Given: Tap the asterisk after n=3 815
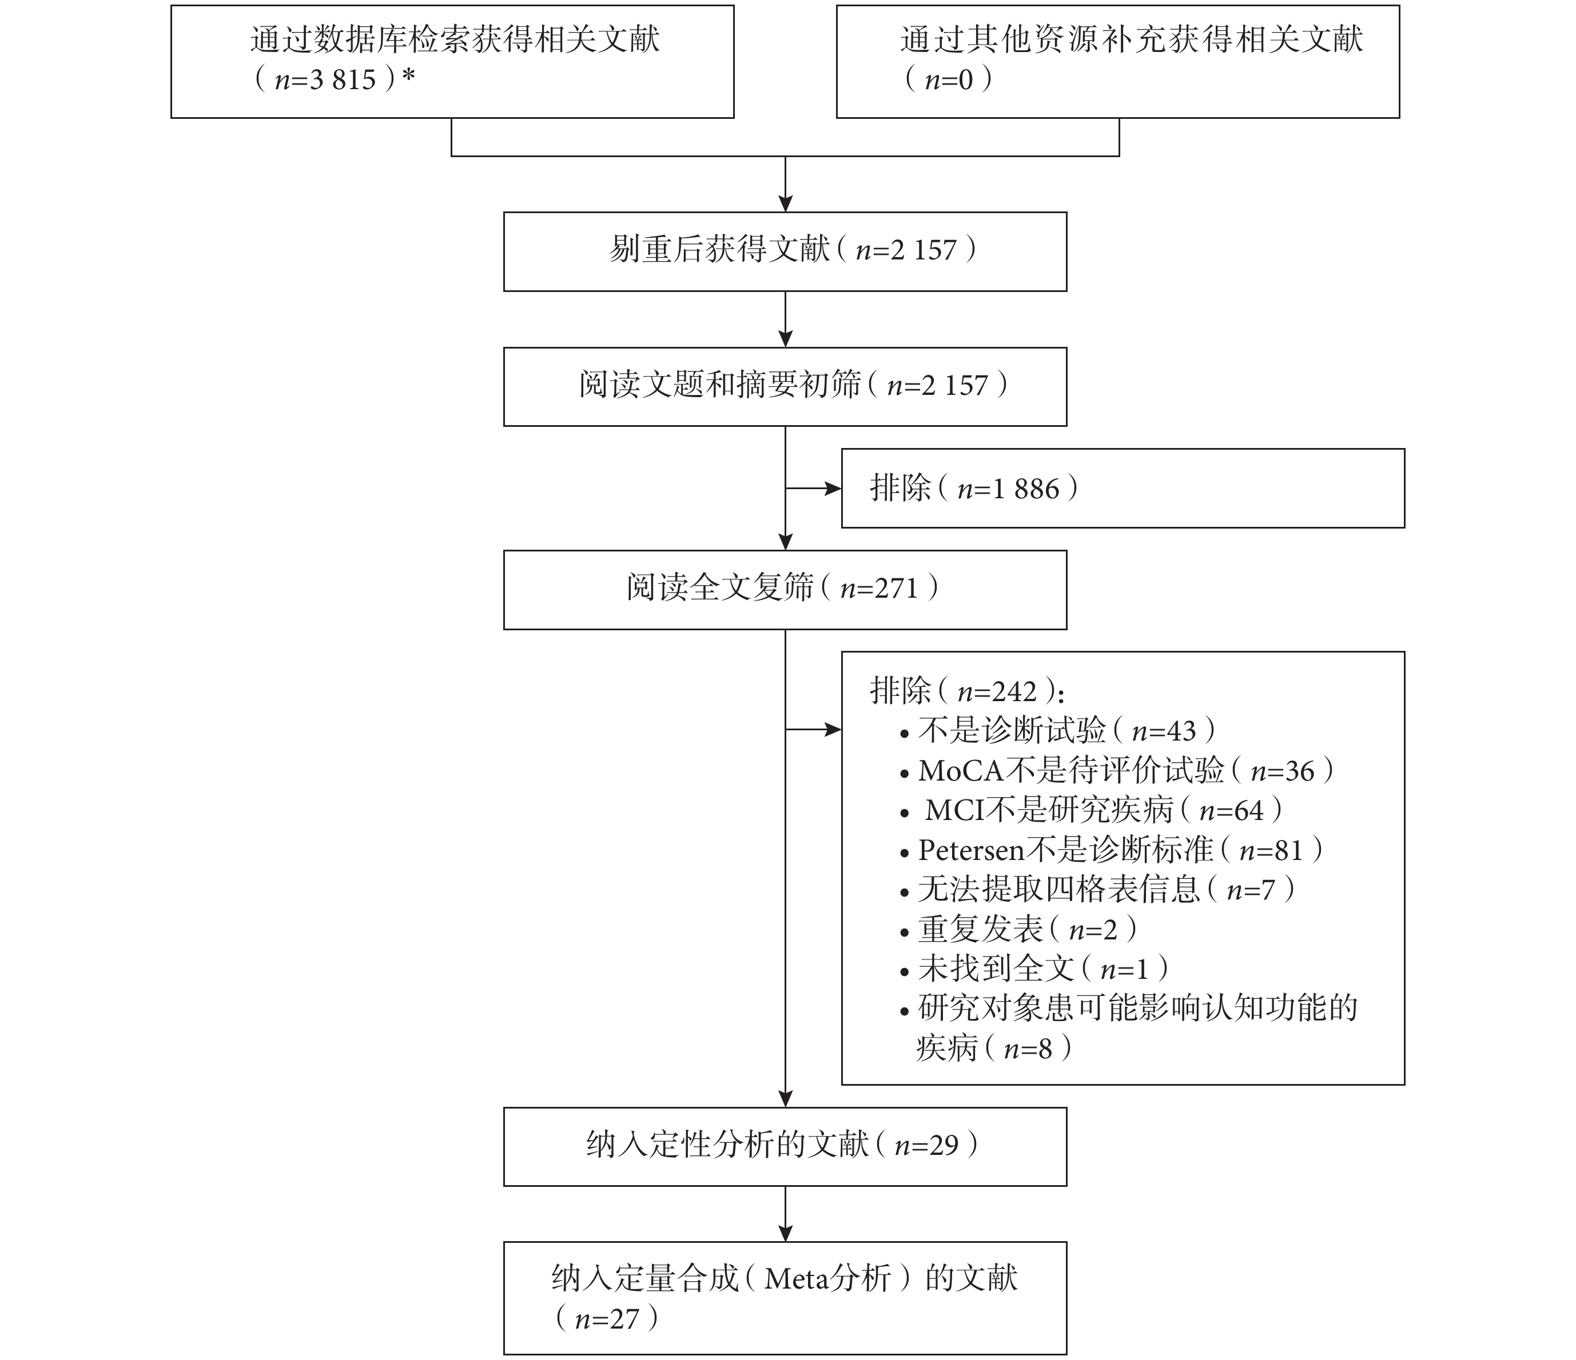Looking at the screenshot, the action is pyautogui.click(x=408, y=76).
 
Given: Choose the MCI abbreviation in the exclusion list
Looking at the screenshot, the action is pyautogui.click(x=956, y=810).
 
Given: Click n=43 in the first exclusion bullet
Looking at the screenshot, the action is pyautogui.click(x=1164, y=731).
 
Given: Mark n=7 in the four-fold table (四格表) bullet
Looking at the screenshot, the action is pyautogui.click(x=1251, y=890).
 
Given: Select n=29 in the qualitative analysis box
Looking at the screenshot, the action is pyautogui.click(x=926, y=1146).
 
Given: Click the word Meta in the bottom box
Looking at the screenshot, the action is pyautogui.click(x=797, y=1279).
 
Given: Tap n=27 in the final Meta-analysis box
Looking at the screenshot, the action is pyautogui.click(x=607, y=1319).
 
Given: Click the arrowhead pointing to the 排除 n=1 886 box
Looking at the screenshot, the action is pyautogui.click(x=834, y=489).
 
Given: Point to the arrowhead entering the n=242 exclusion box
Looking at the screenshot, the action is pyautogui.click(x=834, y=730).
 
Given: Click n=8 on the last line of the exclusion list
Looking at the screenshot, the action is pyautogui.click(x=1028, y=1049).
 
